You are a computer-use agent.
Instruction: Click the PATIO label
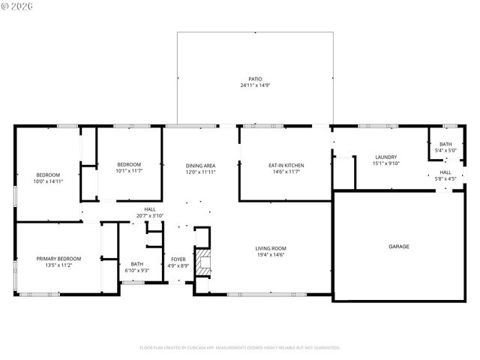coord(256,79)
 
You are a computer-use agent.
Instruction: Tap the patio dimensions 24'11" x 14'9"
coord(256,85)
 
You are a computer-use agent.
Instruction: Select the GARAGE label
coord(398,246)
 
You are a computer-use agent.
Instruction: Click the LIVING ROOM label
coord(271,248)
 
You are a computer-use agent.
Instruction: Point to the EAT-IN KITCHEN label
coord(286,165)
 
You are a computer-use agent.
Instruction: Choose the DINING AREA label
coord(200,165)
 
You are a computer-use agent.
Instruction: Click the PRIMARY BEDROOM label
coord(58,258)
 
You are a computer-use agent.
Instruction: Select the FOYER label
coord(178,258)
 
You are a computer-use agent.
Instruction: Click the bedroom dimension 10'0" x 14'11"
coord(47,181)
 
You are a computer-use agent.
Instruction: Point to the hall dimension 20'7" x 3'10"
coord(150,216)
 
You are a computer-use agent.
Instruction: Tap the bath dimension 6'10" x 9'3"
coord(137,270)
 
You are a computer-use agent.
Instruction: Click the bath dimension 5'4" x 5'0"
coord(445,151)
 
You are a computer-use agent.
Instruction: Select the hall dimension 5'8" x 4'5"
coord(445,178)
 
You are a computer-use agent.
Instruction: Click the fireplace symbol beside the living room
coord(202,262)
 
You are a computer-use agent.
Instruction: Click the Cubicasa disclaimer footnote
coord(240,347)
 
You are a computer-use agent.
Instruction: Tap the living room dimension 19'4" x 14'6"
coord(271,255)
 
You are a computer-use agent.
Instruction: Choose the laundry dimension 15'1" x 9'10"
coord(385,163)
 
